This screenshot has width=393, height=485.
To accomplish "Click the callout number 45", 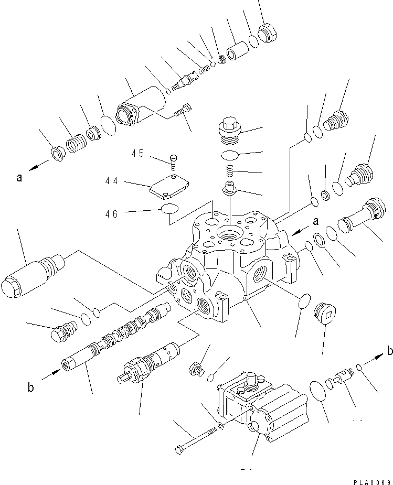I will tap(137, 153).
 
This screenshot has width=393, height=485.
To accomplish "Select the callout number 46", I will tap(111, 213).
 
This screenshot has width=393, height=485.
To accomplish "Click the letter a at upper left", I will tap(19, 178).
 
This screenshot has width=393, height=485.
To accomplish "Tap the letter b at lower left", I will tap(31, 388).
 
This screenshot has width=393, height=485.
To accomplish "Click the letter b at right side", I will tap(389, 351).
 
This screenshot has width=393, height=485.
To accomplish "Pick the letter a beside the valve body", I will tap(316, 222).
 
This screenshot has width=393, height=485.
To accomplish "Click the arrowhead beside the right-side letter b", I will tap(377, 358).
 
